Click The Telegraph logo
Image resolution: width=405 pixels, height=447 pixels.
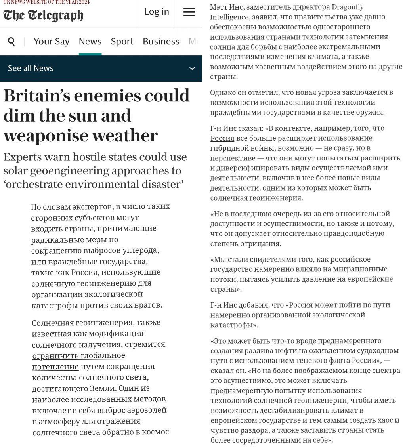coord(43,15)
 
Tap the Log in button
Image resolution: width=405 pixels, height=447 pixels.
coord(157,12)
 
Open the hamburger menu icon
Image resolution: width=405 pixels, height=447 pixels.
coord(189,12)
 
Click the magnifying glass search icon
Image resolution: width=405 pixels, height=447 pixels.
coord(11,42)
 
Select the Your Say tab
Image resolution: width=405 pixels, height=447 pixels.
coord(52,42)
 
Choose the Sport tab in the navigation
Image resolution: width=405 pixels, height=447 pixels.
coord(122,42)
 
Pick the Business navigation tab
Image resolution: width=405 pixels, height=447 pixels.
coord(161,42)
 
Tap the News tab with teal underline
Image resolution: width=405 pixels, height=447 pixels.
coord(90,42)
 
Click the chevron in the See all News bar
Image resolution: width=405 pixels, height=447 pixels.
coord(192,69)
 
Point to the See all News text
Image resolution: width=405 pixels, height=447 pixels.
coord(31,68)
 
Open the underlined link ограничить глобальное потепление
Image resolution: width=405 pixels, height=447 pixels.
coord(78,361)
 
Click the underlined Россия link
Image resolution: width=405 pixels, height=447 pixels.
coord(222,138)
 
